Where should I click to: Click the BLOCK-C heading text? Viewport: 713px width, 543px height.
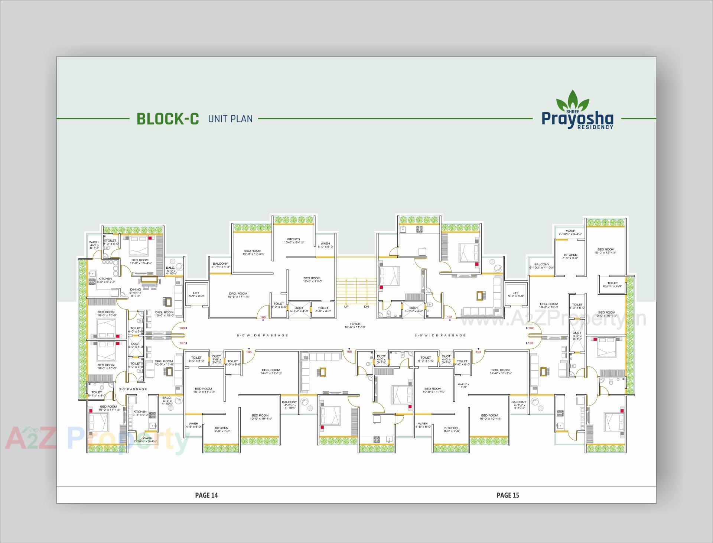pos(168,119)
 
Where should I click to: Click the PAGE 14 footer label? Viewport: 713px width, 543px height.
pos(206,495)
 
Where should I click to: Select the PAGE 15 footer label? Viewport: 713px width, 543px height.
pos(508,495)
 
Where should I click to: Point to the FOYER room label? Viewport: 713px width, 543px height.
pos(355,326)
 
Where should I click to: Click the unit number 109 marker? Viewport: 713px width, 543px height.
pos(263,317)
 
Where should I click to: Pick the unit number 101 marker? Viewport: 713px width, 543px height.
pos(449,317)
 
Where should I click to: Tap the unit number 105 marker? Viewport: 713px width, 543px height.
pos(349,352)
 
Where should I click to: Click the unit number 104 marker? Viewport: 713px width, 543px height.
pos(478,352)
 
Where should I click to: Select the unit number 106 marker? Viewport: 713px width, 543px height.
pos(249,352)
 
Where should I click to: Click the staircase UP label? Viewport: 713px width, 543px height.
pos(346,307)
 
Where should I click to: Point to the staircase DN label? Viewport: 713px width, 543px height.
pos(366,307)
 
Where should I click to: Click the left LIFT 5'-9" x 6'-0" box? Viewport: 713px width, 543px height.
pos(196,294)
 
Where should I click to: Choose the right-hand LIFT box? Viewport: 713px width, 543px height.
pos(515,294)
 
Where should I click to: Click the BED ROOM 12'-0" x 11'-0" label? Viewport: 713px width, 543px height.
pos(312,280)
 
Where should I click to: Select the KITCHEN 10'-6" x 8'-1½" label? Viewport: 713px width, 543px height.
pos(293,241)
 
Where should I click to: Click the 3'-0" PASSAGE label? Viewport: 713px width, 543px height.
pos(133,389)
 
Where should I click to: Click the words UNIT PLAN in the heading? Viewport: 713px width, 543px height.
pos(230,119)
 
